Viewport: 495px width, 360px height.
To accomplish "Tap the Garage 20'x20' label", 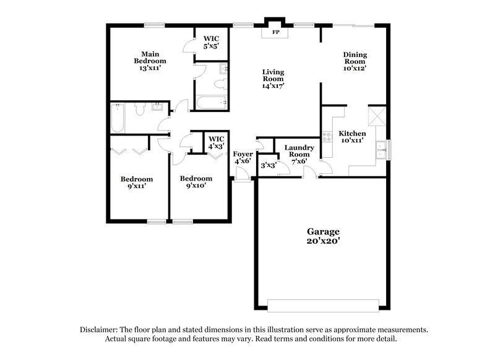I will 322,236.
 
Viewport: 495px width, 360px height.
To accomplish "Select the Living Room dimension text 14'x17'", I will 273,87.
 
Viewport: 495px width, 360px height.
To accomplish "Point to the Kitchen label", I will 352,134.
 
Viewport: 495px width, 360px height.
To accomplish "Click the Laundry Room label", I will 299,152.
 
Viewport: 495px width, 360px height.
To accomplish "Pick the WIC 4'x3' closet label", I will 216,143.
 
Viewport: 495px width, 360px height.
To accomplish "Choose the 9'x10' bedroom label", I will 192,182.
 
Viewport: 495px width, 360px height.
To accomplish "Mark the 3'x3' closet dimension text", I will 267,165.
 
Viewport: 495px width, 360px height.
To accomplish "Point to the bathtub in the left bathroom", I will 118,118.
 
